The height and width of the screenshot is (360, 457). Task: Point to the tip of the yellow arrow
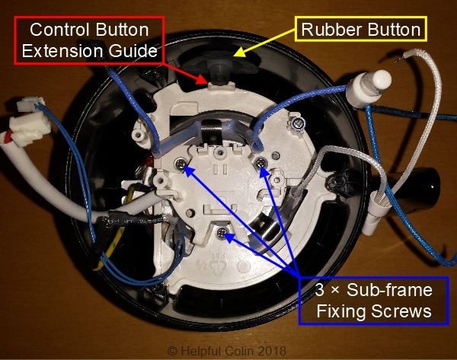point(235,56)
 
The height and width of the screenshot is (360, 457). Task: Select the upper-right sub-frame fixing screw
point(261,164)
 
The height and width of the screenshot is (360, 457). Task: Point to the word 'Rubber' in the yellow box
point(329,30)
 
